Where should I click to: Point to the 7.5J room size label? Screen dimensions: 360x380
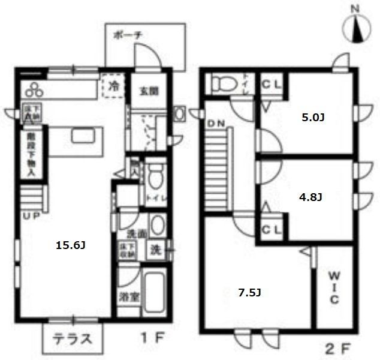click(249, 293)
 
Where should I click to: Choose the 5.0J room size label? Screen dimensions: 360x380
click(312, 118)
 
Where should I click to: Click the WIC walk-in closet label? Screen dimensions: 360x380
click(334, 288)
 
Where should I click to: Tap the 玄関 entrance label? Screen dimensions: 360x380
click(149, 91)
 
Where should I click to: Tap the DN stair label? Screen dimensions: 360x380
click(216, 124)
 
